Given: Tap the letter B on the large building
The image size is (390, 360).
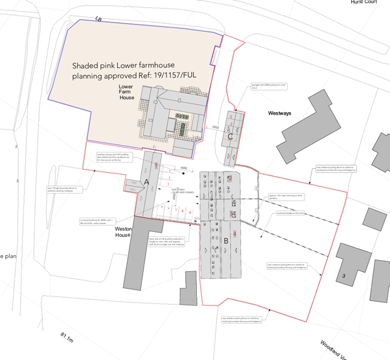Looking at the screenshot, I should click(x=226, y=243).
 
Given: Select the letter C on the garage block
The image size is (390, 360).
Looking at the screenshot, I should click(x=230, y=137).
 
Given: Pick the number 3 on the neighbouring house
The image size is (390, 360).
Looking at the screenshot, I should click(x=343, y=275).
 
